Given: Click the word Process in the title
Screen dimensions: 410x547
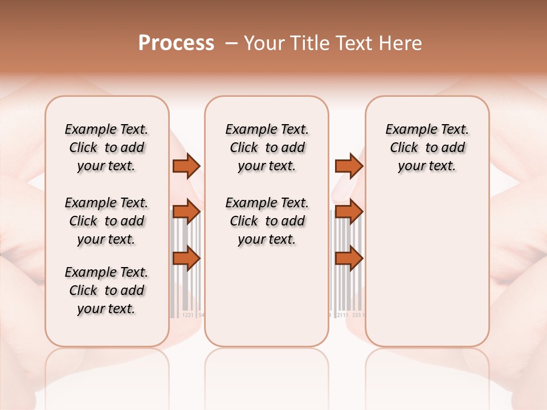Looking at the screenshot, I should click(x=176, y=43).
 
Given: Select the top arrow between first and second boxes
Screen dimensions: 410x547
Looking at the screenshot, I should click(x=186, y=166).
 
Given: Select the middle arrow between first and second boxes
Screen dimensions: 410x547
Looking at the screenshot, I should click(x=186, y=212).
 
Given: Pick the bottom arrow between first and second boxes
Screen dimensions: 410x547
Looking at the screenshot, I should click(x=186, y=258).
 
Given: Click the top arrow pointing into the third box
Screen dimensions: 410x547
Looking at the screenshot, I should click(x=349, y=166).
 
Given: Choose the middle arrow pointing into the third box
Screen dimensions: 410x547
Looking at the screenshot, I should click(x=349, y=212).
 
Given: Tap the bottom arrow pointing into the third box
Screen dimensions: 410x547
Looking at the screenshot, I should click(x=349, y=258).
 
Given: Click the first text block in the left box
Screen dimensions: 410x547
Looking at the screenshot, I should click(x=107, y=147).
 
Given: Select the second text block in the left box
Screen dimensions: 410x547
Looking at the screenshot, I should click(x=107, y=221).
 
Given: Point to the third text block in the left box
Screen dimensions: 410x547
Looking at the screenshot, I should click(x=107, y=290).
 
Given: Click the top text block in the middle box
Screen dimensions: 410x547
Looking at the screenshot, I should click(x=267, y=147).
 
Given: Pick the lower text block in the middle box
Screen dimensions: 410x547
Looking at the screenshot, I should click(x=267, y=221).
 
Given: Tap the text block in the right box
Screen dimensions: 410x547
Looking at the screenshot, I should click(x=427, y=147).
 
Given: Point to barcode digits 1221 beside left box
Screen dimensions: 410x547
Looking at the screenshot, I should click(x=187, y=314).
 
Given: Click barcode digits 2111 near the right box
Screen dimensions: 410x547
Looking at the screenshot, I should click(x=342, y=314).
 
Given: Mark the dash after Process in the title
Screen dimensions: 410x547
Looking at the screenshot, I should click(x=231, y=43).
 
